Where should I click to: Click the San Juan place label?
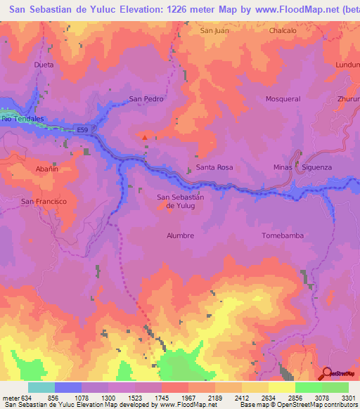pos(215,31)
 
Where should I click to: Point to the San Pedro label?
pos(146,99)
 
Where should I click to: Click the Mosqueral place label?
pos(283,99)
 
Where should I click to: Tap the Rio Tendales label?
pos(22,119)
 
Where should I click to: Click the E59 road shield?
pos(84,129)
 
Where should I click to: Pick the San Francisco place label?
pos(44,202)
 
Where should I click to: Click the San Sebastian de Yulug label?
pos(180,202)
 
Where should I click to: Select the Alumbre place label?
pos(180,235)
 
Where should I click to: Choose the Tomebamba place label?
pos(282,235)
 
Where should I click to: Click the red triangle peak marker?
pos(145,138)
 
